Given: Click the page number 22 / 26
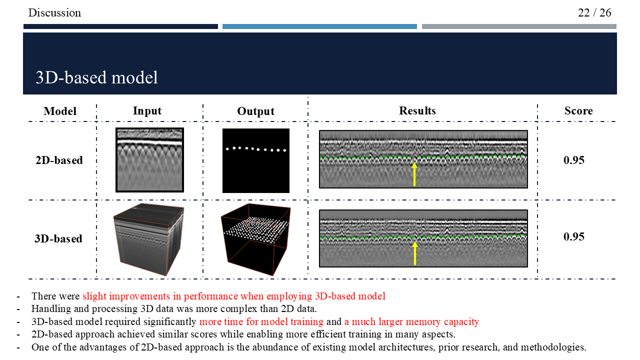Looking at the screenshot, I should (594, 12).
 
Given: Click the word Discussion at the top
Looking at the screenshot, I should (55, 12).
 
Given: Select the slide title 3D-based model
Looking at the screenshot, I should (96, 77).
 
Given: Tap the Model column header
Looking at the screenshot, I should (60, 111).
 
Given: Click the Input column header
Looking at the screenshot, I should (147, 110).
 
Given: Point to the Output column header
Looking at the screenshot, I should (255, 111).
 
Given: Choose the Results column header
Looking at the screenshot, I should (417, 110).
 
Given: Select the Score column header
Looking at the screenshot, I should (578, 110).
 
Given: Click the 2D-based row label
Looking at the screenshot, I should (58, 160).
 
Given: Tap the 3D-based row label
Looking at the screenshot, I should (58, 238).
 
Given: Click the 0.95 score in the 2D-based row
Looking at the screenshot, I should (574, 160).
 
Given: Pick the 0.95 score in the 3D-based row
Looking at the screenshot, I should (574, 236).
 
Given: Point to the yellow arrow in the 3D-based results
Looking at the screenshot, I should (414, 253).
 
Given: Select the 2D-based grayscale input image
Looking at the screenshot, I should (149, 160).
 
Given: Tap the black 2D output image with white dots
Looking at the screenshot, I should (256, 160).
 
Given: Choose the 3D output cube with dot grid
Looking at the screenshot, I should (255, 239).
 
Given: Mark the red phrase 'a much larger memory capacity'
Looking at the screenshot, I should (411, 321).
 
